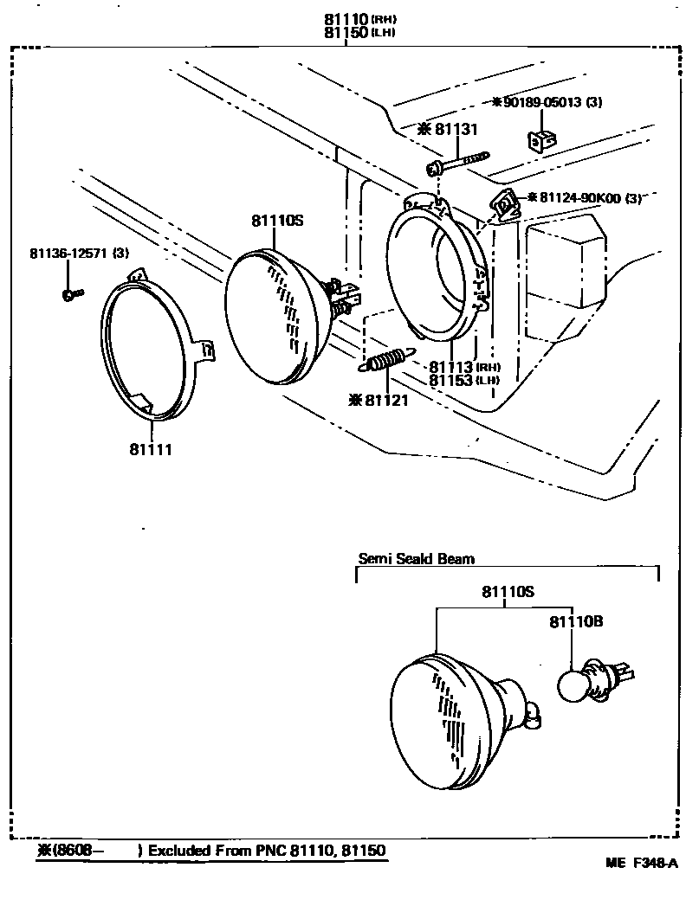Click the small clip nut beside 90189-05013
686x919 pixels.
(x=540, y=138)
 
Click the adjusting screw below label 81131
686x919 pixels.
(x=457, y=162)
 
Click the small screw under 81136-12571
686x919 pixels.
(x=72, y=294)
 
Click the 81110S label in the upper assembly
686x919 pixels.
(x=277, y=221)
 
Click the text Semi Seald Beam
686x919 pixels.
(x=416, y=558)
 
